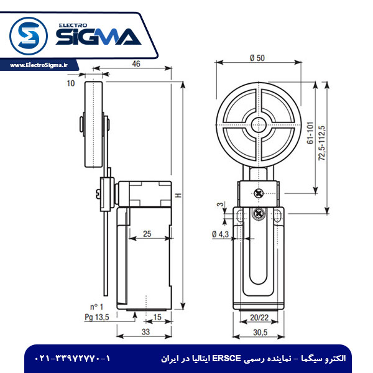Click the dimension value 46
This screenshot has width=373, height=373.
136,63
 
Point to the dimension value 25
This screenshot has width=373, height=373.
147,234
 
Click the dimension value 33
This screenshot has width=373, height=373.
145,333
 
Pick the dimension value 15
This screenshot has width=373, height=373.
157,318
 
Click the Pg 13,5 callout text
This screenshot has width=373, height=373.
97,317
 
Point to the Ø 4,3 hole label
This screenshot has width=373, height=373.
221,234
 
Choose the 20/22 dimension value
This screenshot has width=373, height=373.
259,317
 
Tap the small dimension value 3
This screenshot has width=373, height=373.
219,204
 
